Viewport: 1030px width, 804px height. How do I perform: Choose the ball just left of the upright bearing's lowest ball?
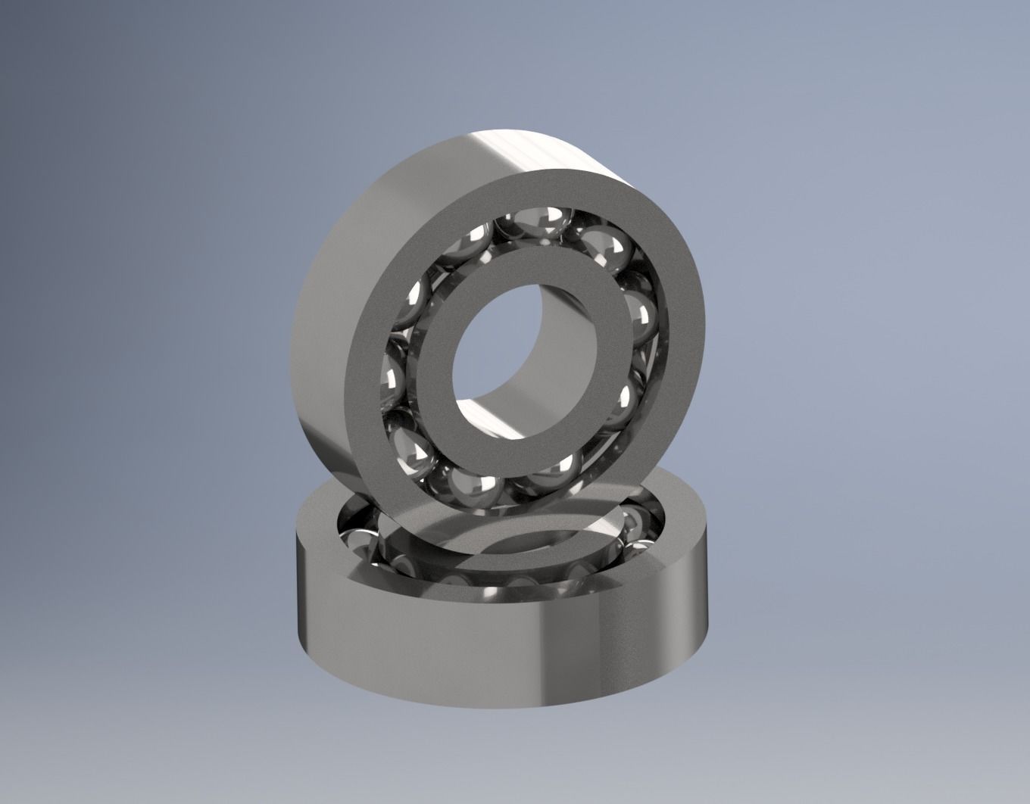(414, 447)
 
